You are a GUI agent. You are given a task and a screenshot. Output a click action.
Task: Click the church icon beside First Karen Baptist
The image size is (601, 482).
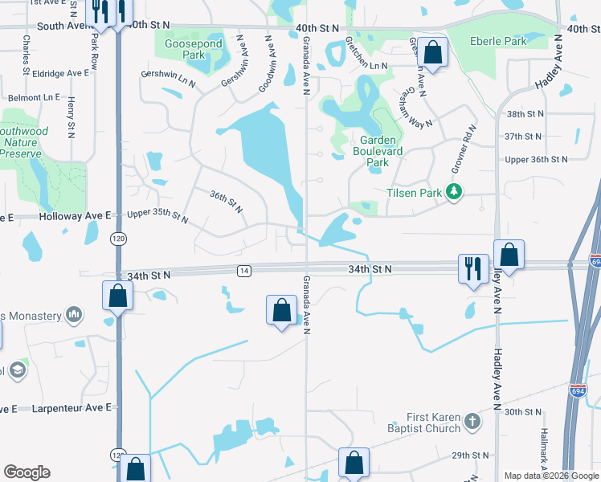pyautogui.click(x=472, y=420)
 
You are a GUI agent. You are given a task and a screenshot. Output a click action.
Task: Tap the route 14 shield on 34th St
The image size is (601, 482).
pyautogui.click(x=243, y=272)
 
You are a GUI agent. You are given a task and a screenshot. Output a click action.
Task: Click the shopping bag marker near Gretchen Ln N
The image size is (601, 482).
pyautogui.click(x=432, y=54)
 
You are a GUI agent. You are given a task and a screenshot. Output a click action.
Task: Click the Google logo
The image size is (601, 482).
pyautogui.click(x=27, y=472)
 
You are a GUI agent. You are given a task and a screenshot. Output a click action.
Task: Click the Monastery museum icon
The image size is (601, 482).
pyautogui.click(x=74, y=312)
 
